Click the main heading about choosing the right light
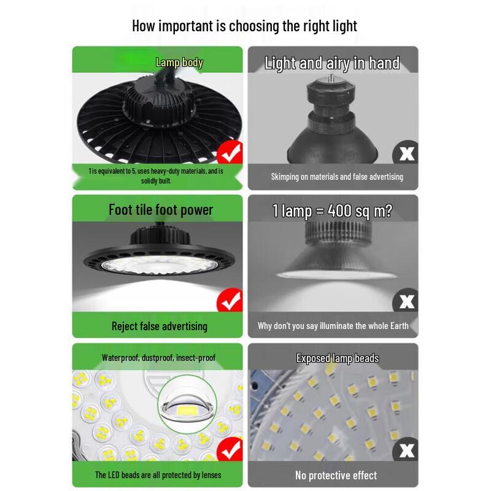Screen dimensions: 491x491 point(244,26)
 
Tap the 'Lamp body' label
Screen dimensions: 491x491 point(179,62)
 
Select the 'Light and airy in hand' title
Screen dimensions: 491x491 point(332,63)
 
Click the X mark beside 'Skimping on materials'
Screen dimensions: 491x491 point(406,153)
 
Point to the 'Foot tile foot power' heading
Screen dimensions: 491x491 point(161,210)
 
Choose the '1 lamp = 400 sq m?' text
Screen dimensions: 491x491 point(332,211)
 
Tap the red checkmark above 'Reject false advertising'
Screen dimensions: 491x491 point(230,301)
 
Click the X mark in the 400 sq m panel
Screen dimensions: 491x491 point(406,301)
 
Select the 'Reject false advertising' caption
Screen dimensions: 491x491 point(160,326)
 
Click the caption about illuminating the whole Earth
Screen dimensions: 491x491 point(333,326)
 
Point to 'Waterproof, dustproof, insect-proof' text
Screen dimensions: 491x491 point(158,357)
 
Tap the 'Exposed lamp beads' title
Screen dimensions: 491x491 point(338,358)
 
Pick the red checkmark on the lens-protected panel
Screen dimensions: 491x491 point(230,450)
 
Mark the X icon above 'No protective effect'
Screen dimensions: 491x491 point(406,450)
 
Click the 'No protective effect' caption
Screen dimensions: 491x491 point(336,475)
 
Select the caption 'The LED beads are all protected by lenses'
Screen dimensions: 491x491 point(158,475)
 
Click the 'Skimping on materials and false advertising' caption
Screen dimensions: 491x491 point(337,177)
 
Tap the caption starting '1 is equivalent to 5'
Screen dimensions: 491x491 point(157,176)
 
